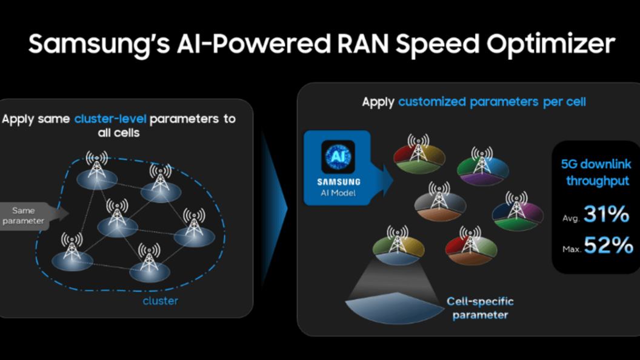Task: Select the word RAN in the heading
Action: pyautogui.click(x=363, y=43)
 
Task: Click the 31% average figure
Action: pyautogui.click(x=607, y=214)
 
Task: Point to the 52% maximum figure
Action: pyautogui.click(x=608, y=245)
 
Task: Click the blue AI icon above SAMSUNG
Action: pyautogui.click(x=338, y=157)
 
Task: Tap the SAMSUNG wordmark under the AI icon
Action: pyautogui.click(x=339, y=182)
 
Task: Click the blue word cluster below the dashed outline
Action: pyautogui.click(x=161, y=301)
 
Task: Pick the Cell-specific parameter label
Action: pyautogui.click(x=480, y=308)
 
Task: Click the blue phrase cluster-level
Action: pyautogui.click(x=110, y=119)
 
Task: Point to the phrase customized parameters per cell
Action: pyautogui.click(x=492, y=102)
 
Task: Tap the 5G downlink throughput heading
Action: pyautogui.click(x=596, y=172)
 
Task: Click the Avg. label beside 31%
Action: pyautogui.click(x=571, y=218)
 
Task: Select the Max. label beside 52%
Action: pyautogui.click(x=572, y=249)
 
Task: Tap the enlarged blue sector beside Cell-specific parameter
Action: pyautogui.click(x=395, y=308)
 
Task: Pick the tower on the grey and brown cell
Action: pyautogui.click(x=439, y=196)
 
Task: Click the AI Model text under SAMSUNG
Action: pyautogui.click(x=338, y=193)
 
